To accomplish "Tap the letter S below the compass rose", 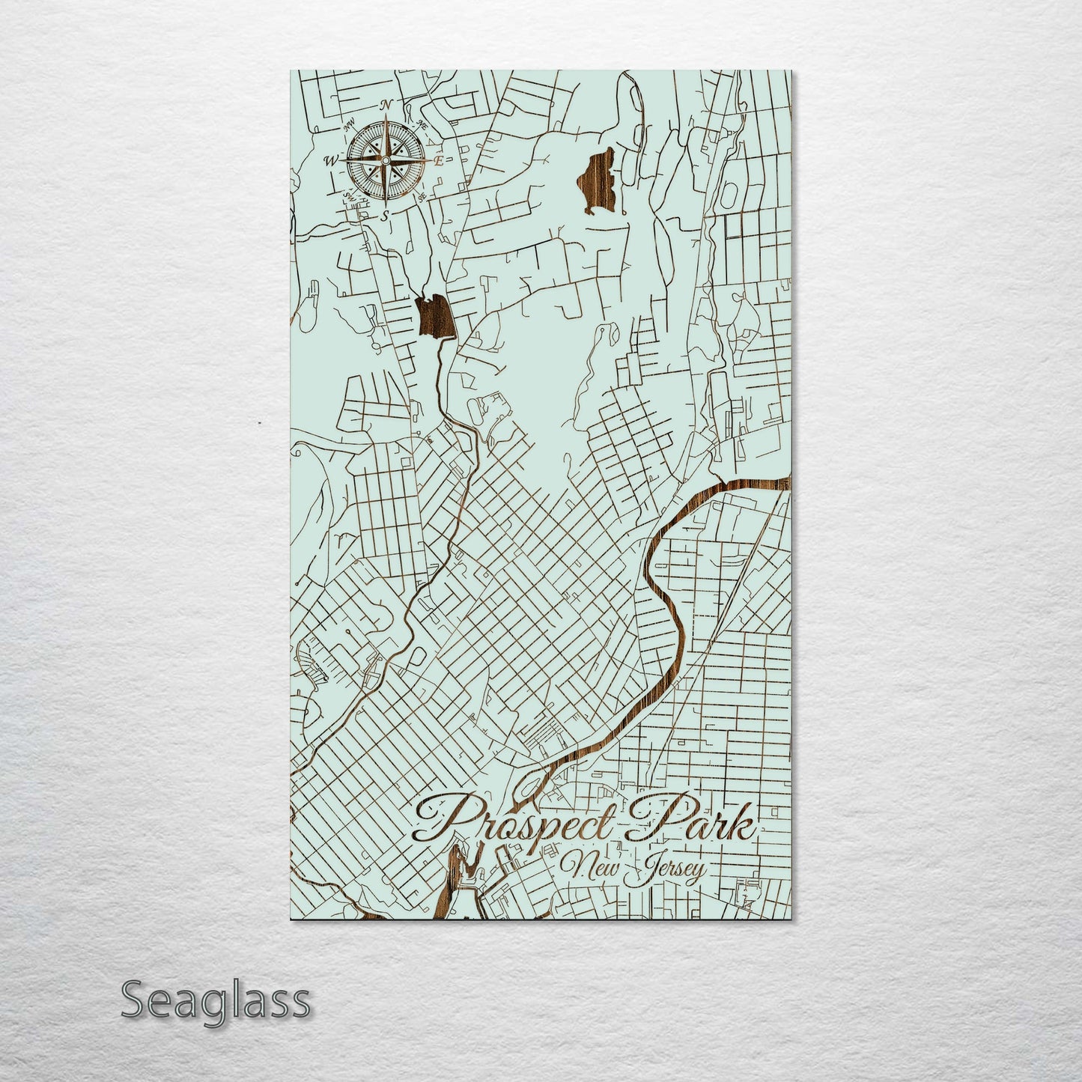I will click(x=385, y=215).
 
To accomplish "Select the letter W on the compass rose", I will click(x=331, y=160).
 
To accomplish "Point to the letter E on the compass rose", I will click(x=440, y=160).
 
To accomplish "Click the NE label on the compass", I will click(x=422, y=123).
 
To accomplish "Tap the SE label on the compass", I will click(x=422, y=197).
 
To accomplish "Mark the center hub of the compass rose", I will click(x=385, y=159).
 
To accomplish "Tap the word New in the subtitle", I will click(x=592, y=869).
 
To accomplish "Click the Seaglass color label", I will click(x=215, y=1000).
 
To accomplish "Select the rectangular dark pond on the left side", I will click(x=434, y=317).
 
